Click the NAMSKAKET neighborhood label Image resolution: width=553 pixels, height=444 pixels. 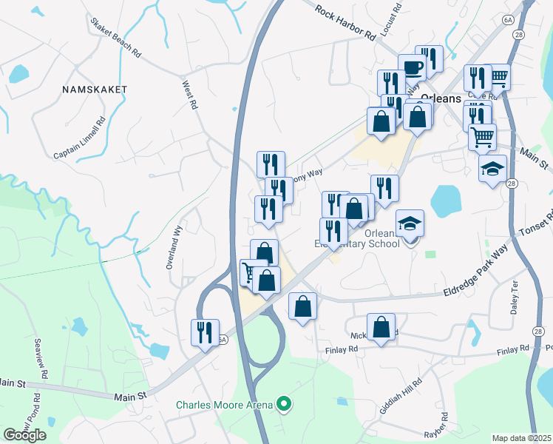pos(95,89)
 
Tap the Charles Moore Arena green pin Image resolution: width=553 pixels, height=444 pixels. pos(282,404)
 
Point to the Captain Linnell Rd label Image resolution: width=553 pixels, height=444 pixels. pos(80,138)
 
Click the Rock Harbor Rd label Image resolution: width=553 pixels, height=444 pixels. pos(345,23)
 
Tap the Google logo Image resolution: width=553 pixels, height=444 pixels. pos(24,435)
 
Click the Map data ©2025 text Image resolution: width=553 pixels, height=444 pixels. pos(522,438)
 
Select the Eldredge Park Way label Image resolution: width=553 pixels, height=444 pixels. pos(478,275)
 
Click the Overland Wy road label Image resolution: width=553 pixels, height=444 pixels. pos(174,246)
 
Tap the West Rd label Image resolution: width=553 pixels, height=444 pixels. pos(190,95)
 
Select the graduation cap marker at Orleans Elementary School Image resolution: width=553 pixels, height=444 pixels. pos(410,223)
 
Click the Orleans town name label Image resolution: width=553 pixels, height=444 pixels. pos(441,98)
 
